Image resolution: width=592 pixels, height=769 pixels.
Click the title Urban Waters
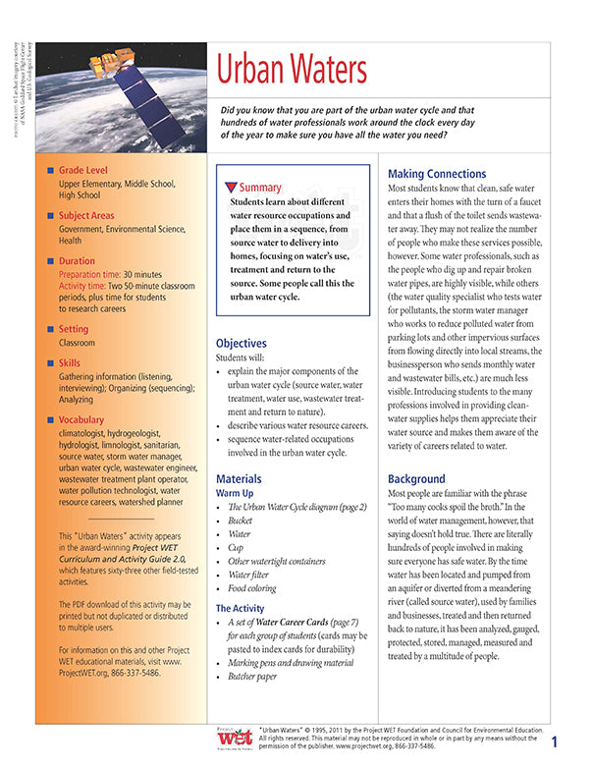pyautogui.click(x=292, y=70)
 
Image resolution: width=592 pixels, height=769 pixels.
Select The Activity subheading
pyautogui.click(x=242, y=609)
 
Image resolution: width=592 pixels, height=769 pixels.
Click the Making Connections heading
pyautogui.click(x=437, y=173)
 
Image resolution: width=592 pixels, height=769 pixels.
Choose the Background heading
pyautogui.click(x=423, y=478)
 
